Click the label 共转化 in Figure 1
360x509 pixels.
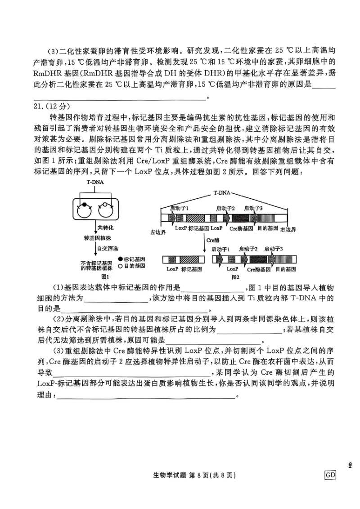click(105, 228)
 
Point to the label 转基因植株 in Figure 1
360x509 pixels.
click(95, 237)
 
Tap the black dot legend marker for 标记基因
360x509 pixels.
click(120, 259)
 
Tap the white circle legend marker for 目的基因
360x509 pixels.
click(120, 266)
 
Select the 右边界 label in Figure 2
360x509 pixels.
click(288, 229)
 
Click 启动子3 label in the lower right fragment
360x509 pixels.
click(274, 249)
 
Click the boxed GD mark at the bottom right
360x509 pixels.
click(330, 475)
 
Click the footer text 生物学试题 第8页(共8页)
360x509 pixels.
click(195, 475)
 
